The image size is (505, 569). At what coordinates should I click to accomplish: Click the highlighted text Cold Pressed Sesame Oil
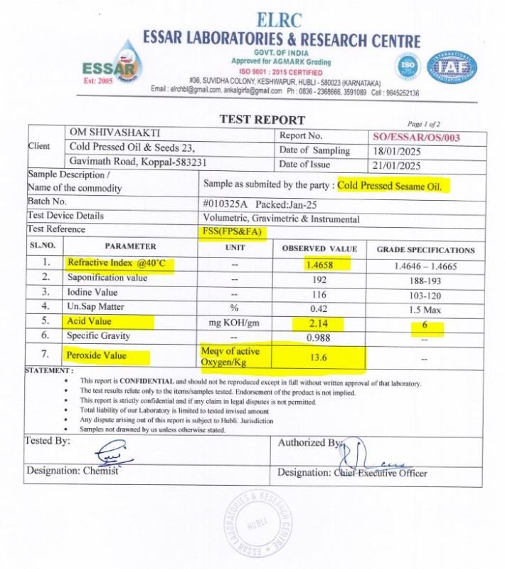click(x=393, y=186)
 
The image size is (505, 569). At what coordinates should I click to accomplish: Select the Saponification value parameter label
click(x=107, y=278)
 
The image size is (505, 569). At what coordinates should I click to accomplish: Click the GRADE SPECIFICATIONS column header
click(x=425, y=250)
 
